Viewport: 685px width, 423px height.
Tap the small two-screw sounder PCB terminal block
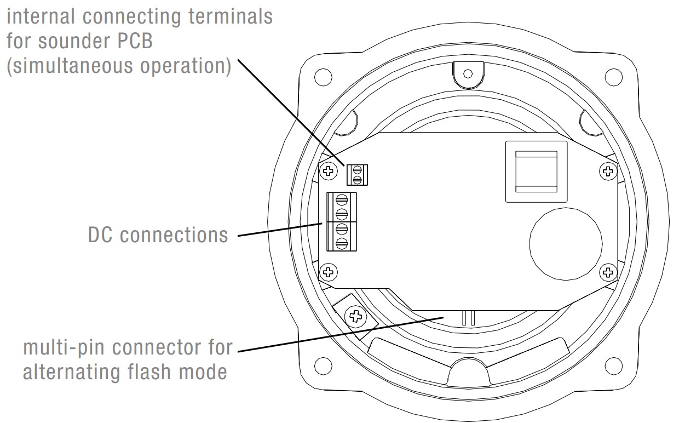(357, 174)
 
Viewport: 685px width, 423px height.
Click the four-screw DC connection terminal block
(342, 221)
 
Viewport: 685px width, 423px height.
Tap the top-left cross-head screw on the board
(328, 171)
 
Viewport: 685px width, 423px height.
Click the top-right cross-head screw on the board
(607, 171)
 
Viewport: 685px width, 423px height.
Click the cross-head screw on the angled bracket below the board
(356, 316)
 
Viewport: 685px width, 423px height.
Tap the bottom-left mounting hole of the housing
(323, 364)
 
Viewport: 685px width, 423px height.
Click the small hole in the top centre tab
(468, 73)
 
